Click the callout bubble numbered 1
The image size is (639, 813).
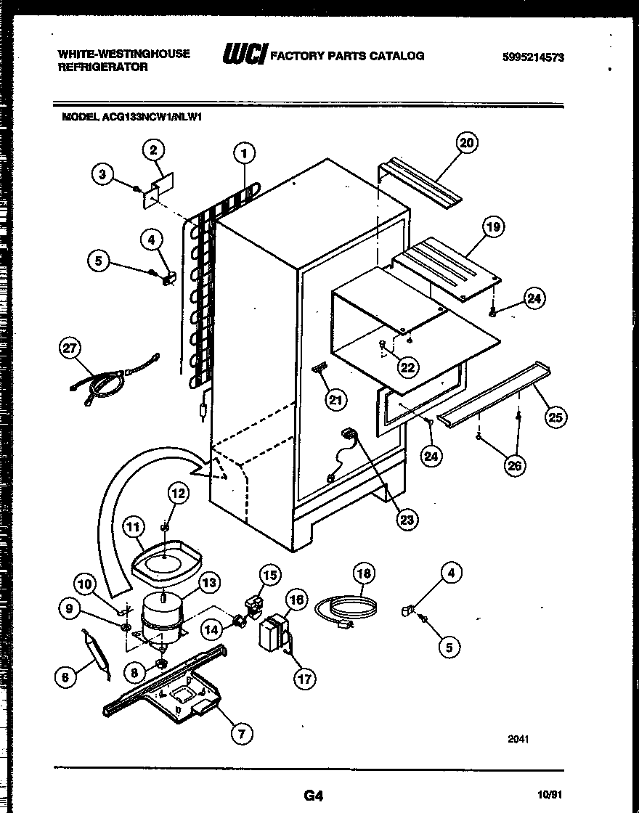pos(245,153)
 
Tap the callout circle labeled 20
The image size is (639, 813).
pos(466,143)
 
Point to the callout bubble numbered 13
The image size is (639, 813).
pos(209,581)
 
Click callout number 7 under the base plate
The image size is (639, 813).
pos(243,734)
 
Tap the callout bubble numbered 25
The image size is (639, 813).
pos(557,417)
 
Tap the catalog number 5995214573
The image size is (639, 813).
pos(532,58)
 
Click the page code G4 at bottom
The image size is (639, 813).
pos(313,796)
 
